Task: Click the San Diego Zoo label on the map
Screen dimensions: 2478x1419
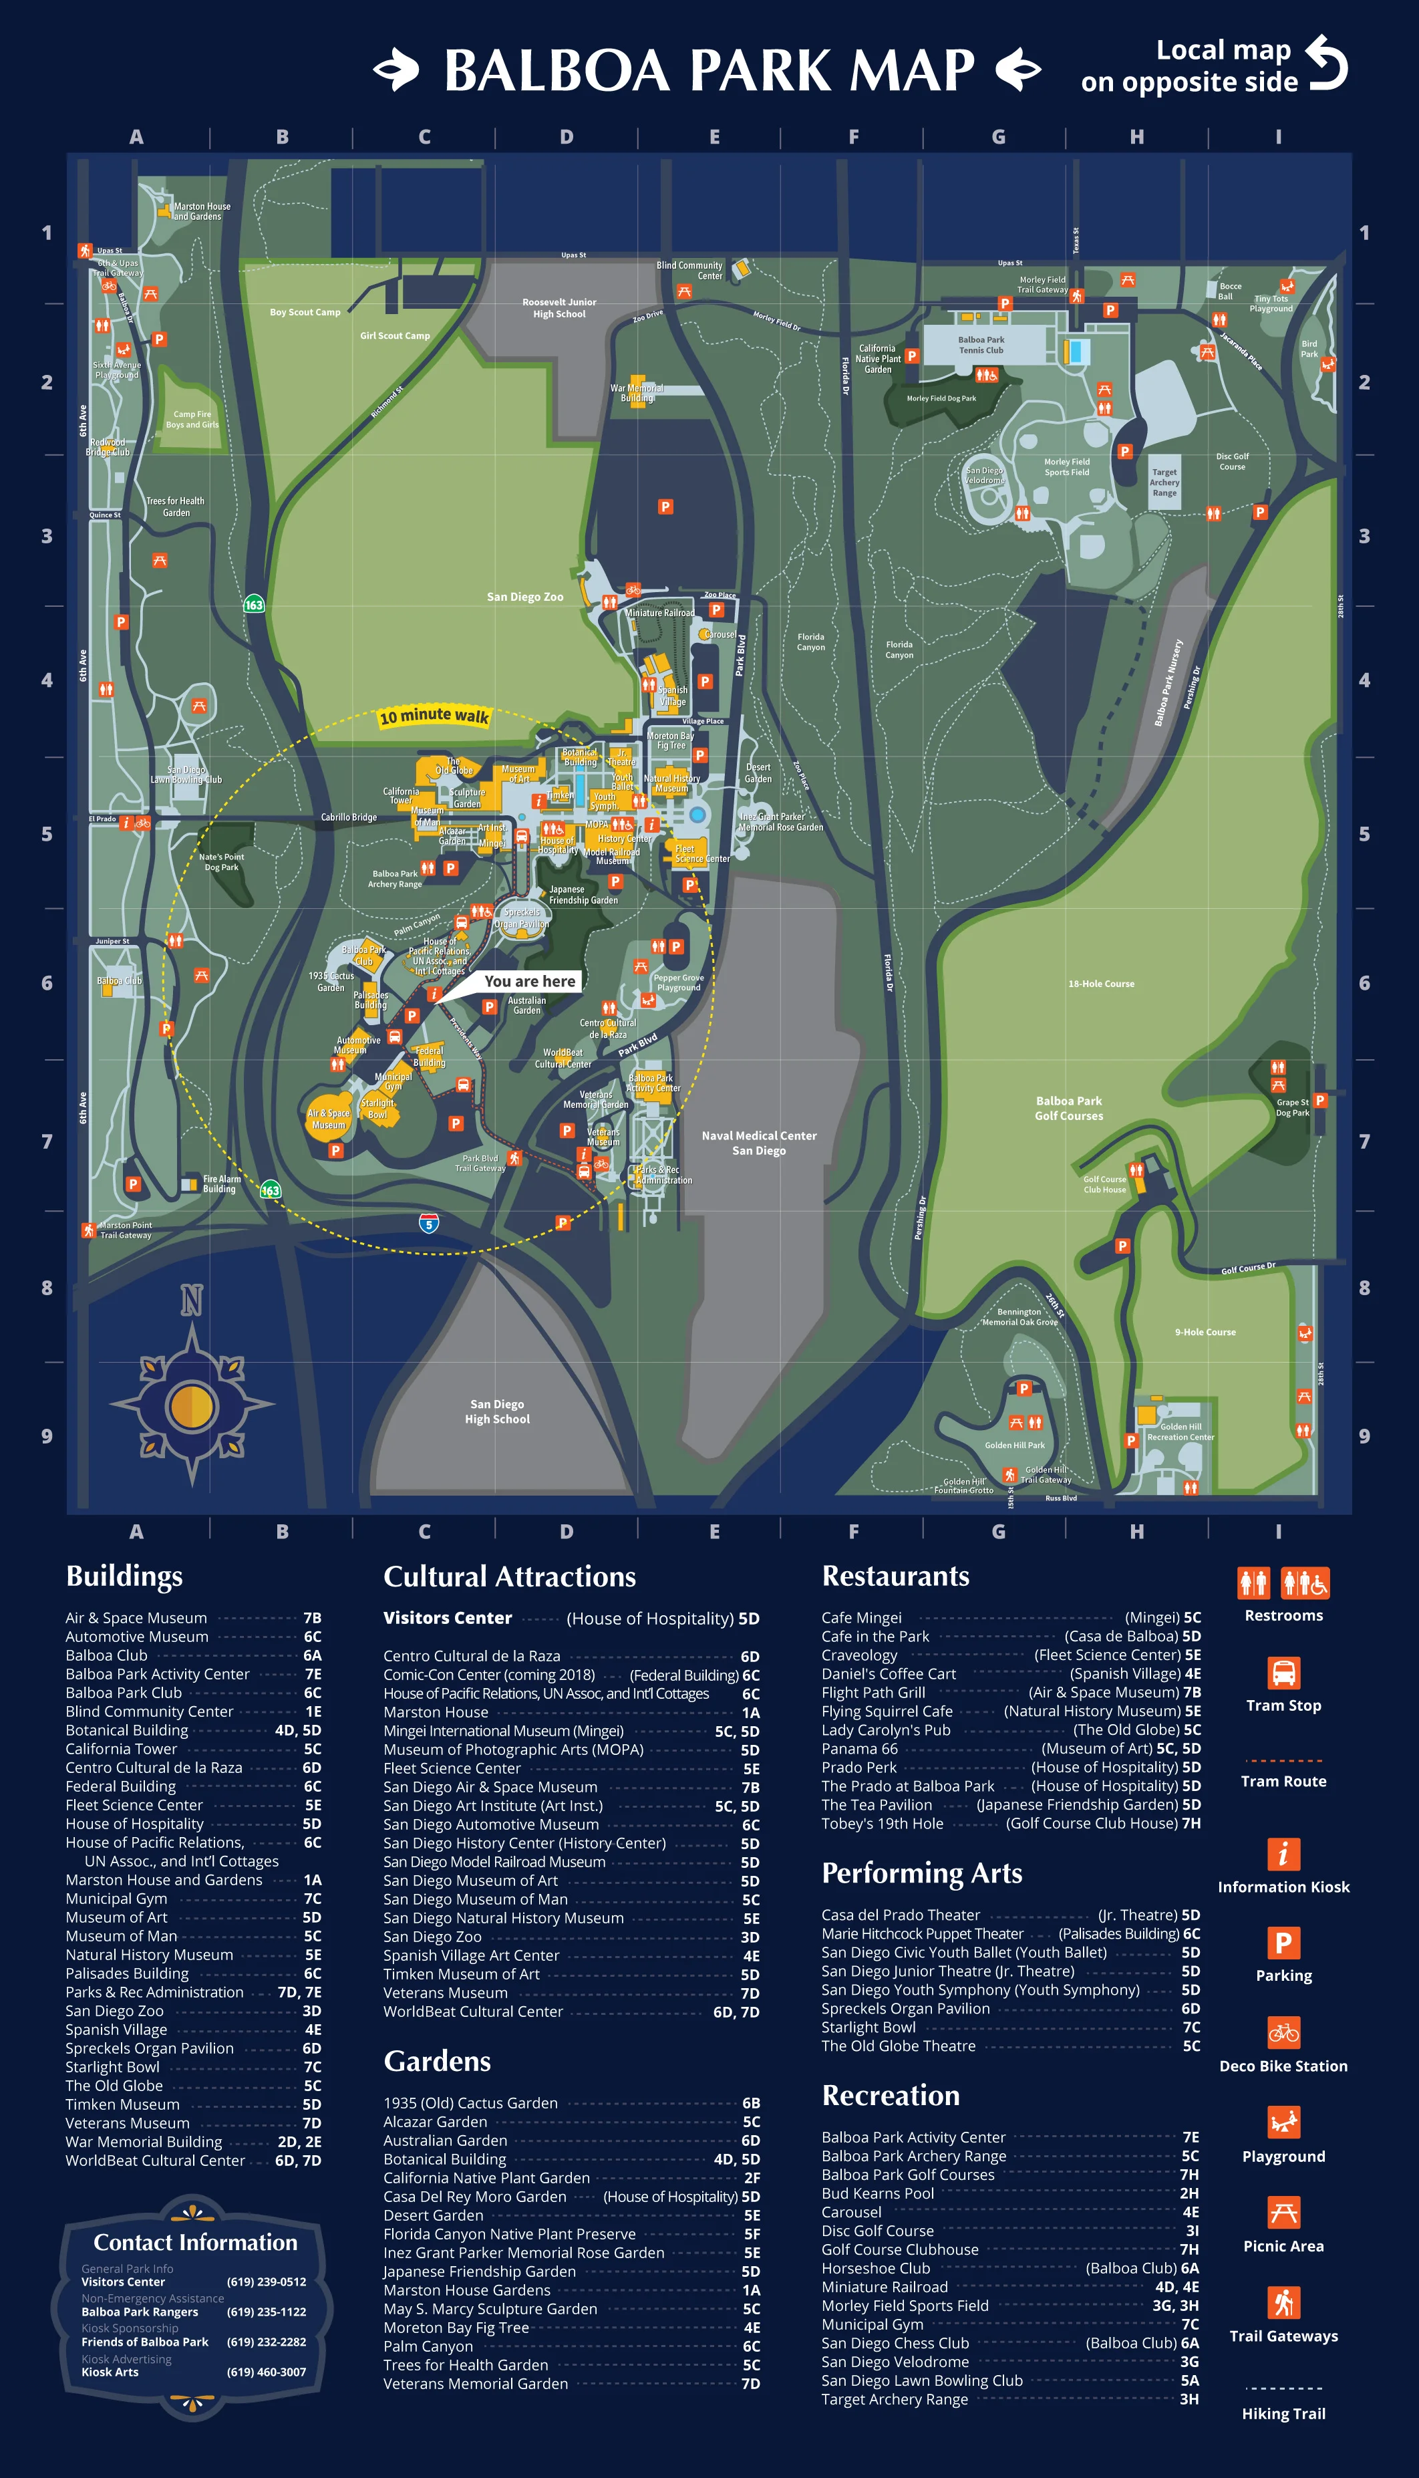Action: pyautogui.click(x=524, y=597)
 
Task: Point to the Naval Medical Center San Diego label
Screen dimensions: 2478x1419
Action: pyautogui.click(x=758, y=1143)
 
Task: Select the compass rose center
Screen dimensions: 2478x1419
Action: pyautogui.click(x=191, y=1405)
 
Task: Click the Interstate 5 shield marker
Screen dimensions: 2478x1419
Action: pyautogui.click(x=429, y=1224)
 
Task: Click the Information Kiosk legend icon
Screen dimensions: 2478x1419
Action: pyautogui.click(x=1283, y=1853)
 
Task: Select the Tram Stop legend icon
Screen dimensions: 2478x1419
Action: pyautogui.click(x=1283, y=1673)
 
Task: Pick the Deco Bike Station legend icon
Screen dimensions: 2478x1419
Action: pyautogui.click(x=1283, y=2032)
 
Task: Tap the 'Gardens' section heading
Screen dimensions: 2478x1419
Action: pyautogui.click(x=437, y=2062)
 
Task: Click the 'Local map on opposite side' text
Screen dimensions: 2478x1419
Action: pyautogui.click(x=1189, y=65)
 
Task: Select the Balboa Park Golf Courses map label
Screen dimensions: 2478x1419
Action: pyautogui.click(x=1068, y=1109)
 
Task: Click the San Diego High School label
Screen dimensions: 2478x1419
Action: pyautogui.click(x=497, y=1411)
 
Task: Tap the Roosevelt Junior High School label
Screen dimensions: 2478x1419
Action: pyautogui.click(x=559, y=308)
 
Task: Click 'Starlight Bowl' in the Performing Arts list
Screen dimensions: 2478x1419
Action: pyautogui.click(x=869, y=2027)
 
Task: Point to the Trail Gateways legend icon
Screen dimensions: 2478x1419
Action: pyautogui.click(x=1283, y=2302)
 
